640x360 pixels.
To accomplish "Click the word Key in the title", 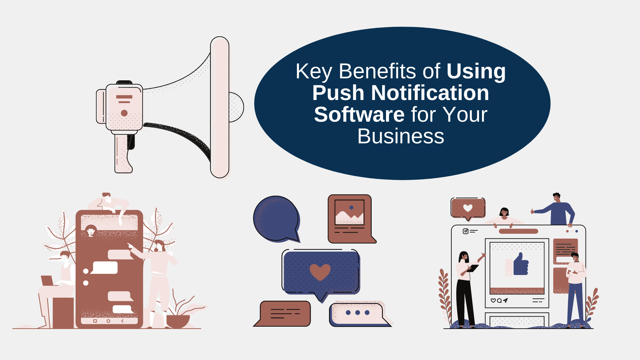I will (x=314, y=71).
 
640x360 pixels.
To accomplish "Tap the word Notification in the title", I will (x=430, y=93).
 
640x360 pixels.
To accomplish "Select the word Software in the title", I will (x=359, y=115).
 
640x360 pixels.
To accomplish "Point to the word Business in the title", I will (x=400, y=136).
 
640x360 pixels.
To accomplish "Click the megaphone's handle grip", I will (x=123, y=153).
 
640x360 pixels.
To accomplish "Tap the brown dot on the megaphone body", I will (x=124, y=113).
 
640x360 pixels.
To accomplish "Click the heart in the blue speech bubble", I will (x=320, y=272).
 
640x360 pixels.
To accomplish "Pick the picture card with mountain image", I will (x=350, y=218).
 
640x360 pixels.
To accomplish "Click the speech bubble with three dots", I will (x=357, y=313).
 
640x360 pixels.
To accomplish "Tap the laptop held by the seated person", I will (x=47, y=281).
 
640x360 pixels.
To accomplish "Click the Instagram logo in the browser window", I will (x=466, y=231).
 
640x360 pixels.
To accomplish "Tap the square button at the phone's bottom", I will (x=95, y=321).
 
